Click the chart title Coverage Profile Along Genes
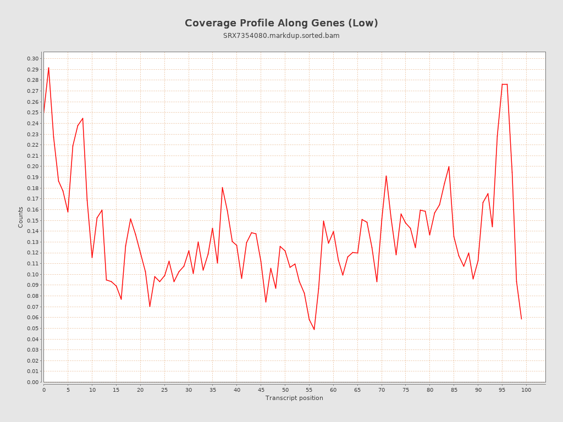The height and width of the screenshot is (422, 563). coord(281,23)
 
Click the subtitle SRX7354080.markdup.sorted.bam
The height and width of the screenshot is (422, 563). coord(281,36)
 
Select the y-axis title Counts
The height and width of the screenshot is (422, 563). coord(21,217)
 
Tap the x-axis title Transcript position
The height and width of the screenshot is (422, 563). coord(294,398)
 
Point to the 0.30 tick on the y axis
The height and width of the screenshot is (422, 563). coord(32,59)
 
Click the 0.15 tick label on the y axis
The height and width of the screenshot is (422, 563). coord(32,220)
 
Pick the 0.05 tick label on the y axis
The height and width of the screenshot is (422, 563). coord(32,328)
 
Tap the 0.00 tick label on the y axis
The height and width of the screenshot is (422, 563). coord(32,382)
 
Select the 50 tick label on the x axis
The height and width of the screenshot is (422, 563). coord(285,390)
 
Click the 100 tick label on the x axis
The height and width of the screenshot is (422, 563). coord(526,390)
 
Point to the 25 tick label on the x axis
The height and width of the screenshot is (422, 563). coord(164,390)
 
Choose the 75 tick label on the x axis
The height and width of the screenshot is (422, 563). coord(406,390)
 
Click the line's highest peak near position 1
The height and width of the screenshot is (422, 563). coord(48,68)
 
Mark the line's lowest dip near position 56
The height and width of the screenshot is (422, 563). coord(314,329)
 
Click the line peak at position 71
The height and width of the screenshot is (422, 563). coord(386,176)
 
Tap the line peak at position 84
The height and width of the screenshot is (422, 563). coord(449,166)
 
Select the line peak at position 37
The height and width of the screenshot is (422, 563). coord(222,187)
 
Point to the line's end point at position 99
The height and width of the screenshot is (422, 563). coord(521,319)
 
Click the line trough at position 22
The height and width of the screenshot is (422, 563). coord(150,306)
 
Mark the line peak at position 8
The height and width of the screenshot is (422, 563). coord(82,118)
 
